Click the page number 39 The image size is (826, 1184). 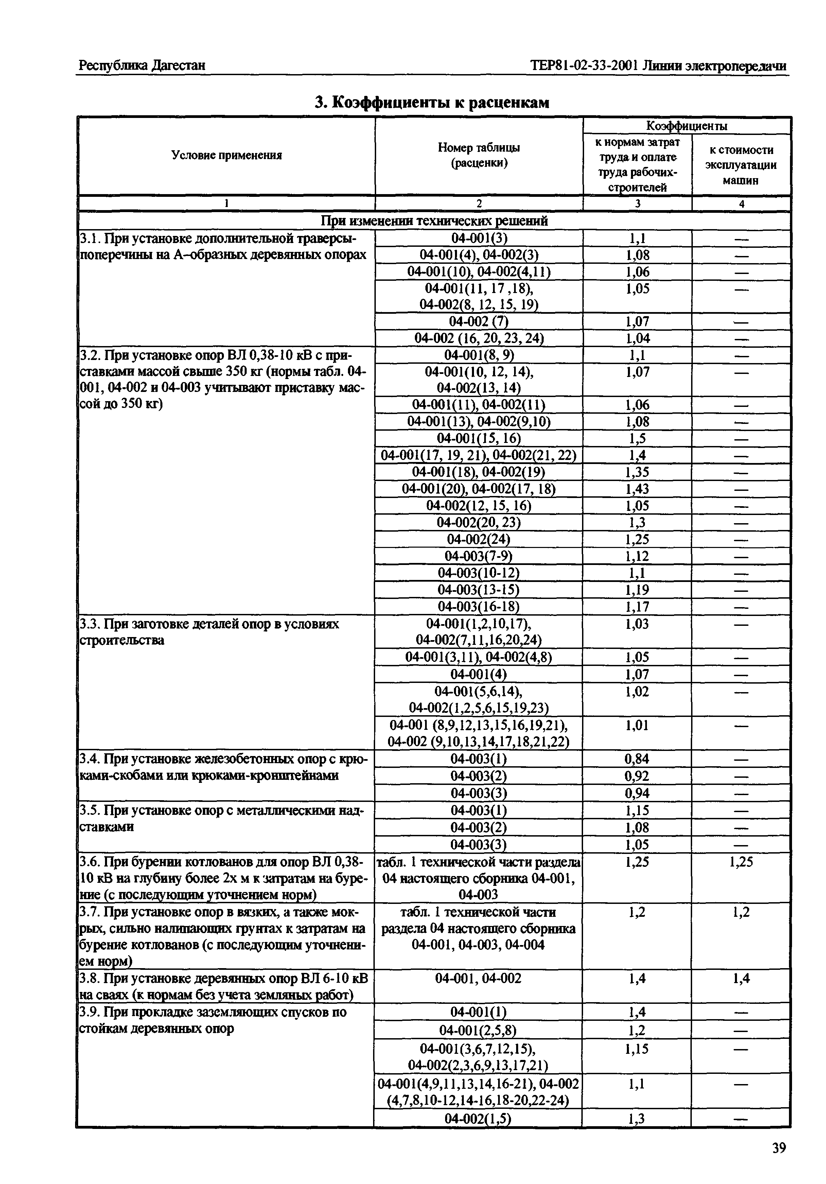point(778,1147)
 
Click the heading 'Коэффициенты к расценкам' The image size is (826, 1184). point(432,103)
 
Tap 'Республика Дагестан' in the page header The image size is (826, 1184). point(142,66)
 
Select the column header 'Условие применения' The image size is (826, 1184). point(226,155)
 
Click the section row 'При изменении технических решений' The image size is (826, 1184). point(434,221)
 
